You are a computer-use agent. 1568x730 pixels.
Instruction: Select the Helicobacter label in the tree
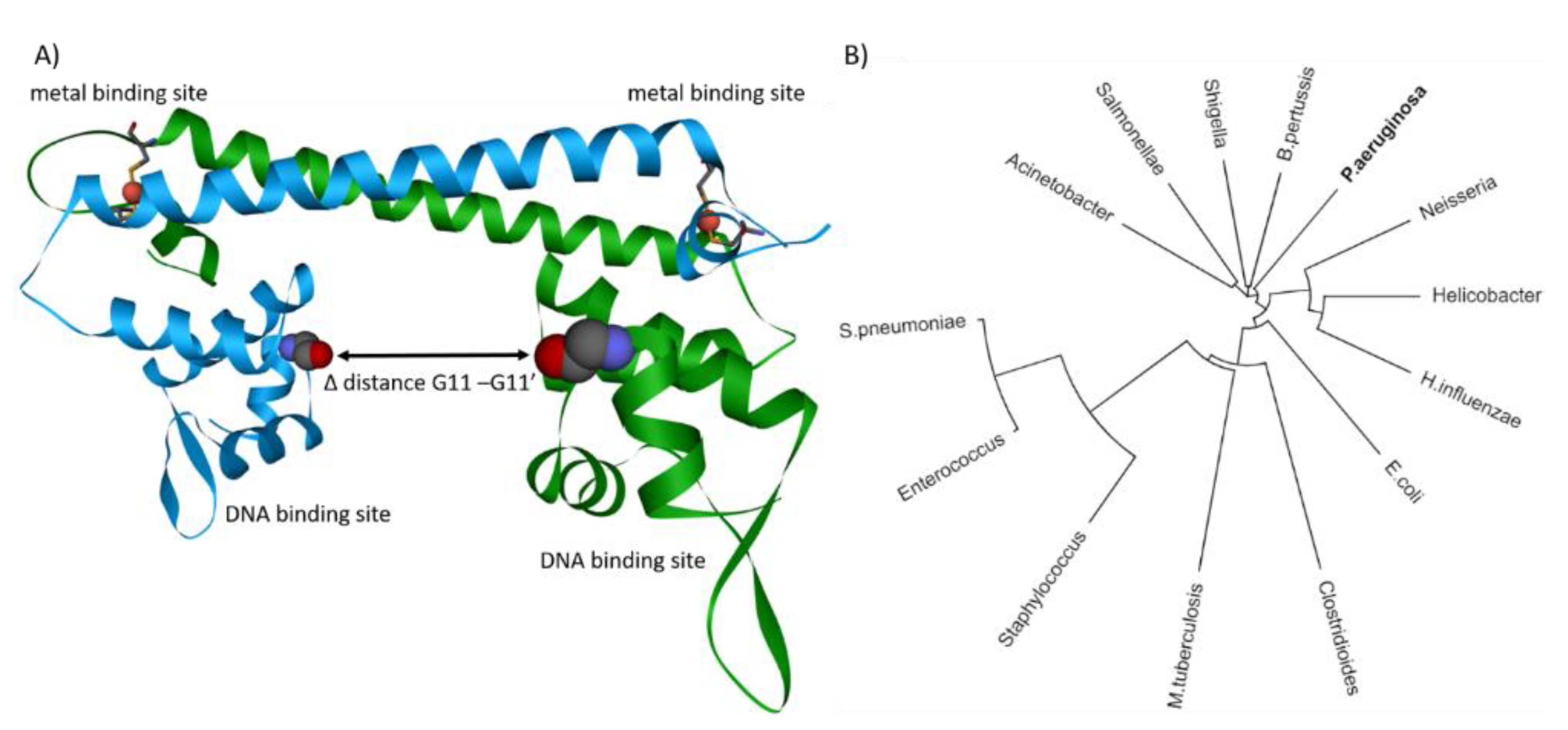[x=1486, y=296]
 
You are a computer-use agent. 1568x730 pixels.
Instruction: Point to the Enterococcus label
[x=951, y=468]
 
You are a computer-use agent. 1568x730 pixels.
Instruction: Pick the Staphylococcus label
[x=1042, y=588]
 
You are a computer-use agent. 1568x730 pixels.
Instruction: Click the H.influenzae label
[x=1470, y=400]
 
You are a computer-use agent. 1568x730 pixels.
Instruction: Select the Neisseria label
[x=1457, y=199]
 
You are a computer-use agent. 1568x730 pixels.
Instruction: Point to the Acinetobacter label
[x=1059, y=186]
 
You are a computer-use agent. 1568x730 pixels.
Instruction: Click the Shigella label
[x=1215, y=114]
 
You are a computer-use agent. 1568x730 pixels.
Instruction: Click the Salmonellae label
[x=1129, y=129]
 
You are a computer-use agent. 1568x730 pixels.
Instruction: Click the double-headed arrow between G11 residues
[x=433, y=355]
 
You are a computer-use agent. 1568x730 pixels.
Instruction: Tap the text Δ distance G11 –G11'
[x=428, y=383]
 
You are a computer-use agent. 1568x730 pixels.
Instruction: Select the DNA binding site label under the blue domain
[x=307, y=514]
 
